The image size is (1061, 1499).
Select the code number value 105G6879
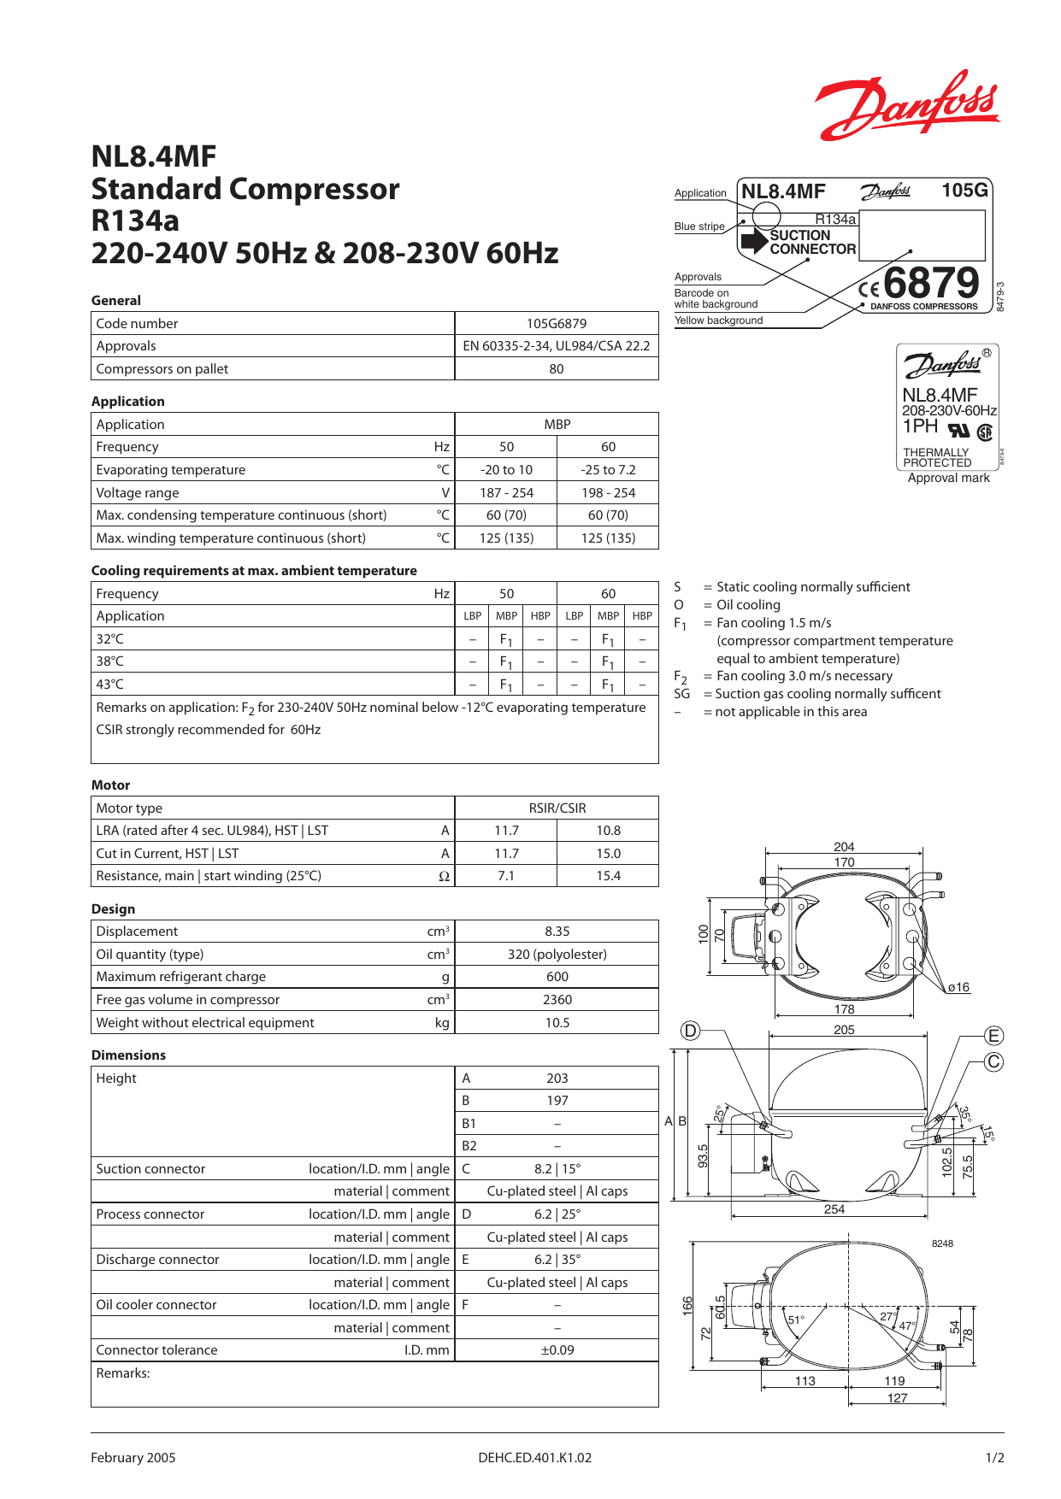pyautogui.click(x=557, y=323)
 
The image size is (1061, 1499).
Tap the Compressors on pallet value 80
pyautogui.click(x=557, y=369)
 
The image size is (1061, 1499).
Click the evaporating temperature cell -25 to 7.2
pyautogui.click(x=608, y=470)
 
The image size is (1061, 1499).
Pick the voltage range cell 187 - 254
pyautogui.click(x=506, y=493)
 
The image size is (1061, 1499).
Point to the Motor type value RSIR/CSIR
pyautogui.click(x=557, y=808)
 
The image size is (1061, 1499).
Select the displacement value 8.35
pyautogui.click(x=557, y=932)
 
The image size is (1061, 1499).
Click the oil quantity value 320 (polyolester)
pyautogui.click(x=557, y=955)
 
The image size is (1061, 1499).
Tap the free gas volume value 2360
pyautogui.click(x=557, y=1000)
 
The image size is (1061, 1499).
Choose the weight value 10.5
pyautogui.click(x=557, y=1023)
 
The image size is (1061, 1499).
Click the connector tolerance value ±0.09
pyautogui.click(x=557, y=1350)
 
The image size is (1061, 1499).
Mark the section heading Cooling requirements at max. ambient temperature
pyautogui.click(x=254, y=571)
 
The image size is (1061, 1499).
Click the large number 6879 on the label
pyautogui.click(x=931, y=282)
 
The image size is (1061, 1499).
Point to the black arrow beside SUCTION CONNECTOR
pyautogui.click(x=754, y=241)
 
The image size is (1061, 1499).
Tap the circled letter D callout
pyautogui.click(x=690, y=1031)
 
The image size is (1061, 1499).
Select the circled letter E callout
pyautogui.click(x=993, y=1036)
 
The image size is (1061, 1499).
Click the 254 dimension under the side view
pyautogui.click(x=834, y=1209)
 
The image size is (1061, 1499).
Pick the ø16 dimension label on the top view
pyautogui.click(x=958, y=988)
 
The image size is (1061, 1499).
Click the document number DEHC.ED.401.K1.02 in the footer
pyautogui.click(x=534, y=1458)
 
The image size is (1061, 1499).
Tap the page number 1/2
pyautogui.click(x=994, y=1458)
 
